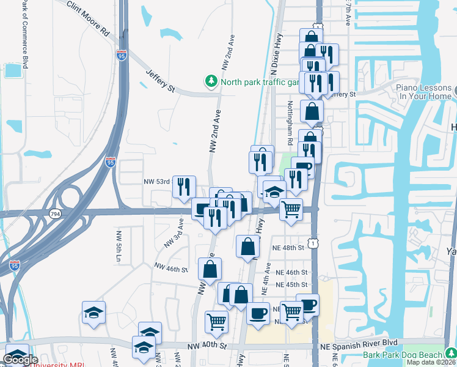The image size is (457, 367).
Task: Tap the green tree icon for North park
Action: coord(211,81)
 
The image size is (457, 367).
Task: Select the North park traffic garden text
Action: coord(257,82)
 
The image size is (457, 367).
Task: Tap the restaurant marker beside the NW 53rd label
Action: coord(184,187)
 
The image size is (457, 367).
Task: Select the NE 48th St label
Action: coord(289,248)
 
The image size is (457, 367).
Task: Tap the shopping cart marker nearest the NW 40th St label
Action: coord(217,322)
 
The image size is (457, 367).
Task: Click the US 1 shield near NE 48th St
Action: coord(313,244)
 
